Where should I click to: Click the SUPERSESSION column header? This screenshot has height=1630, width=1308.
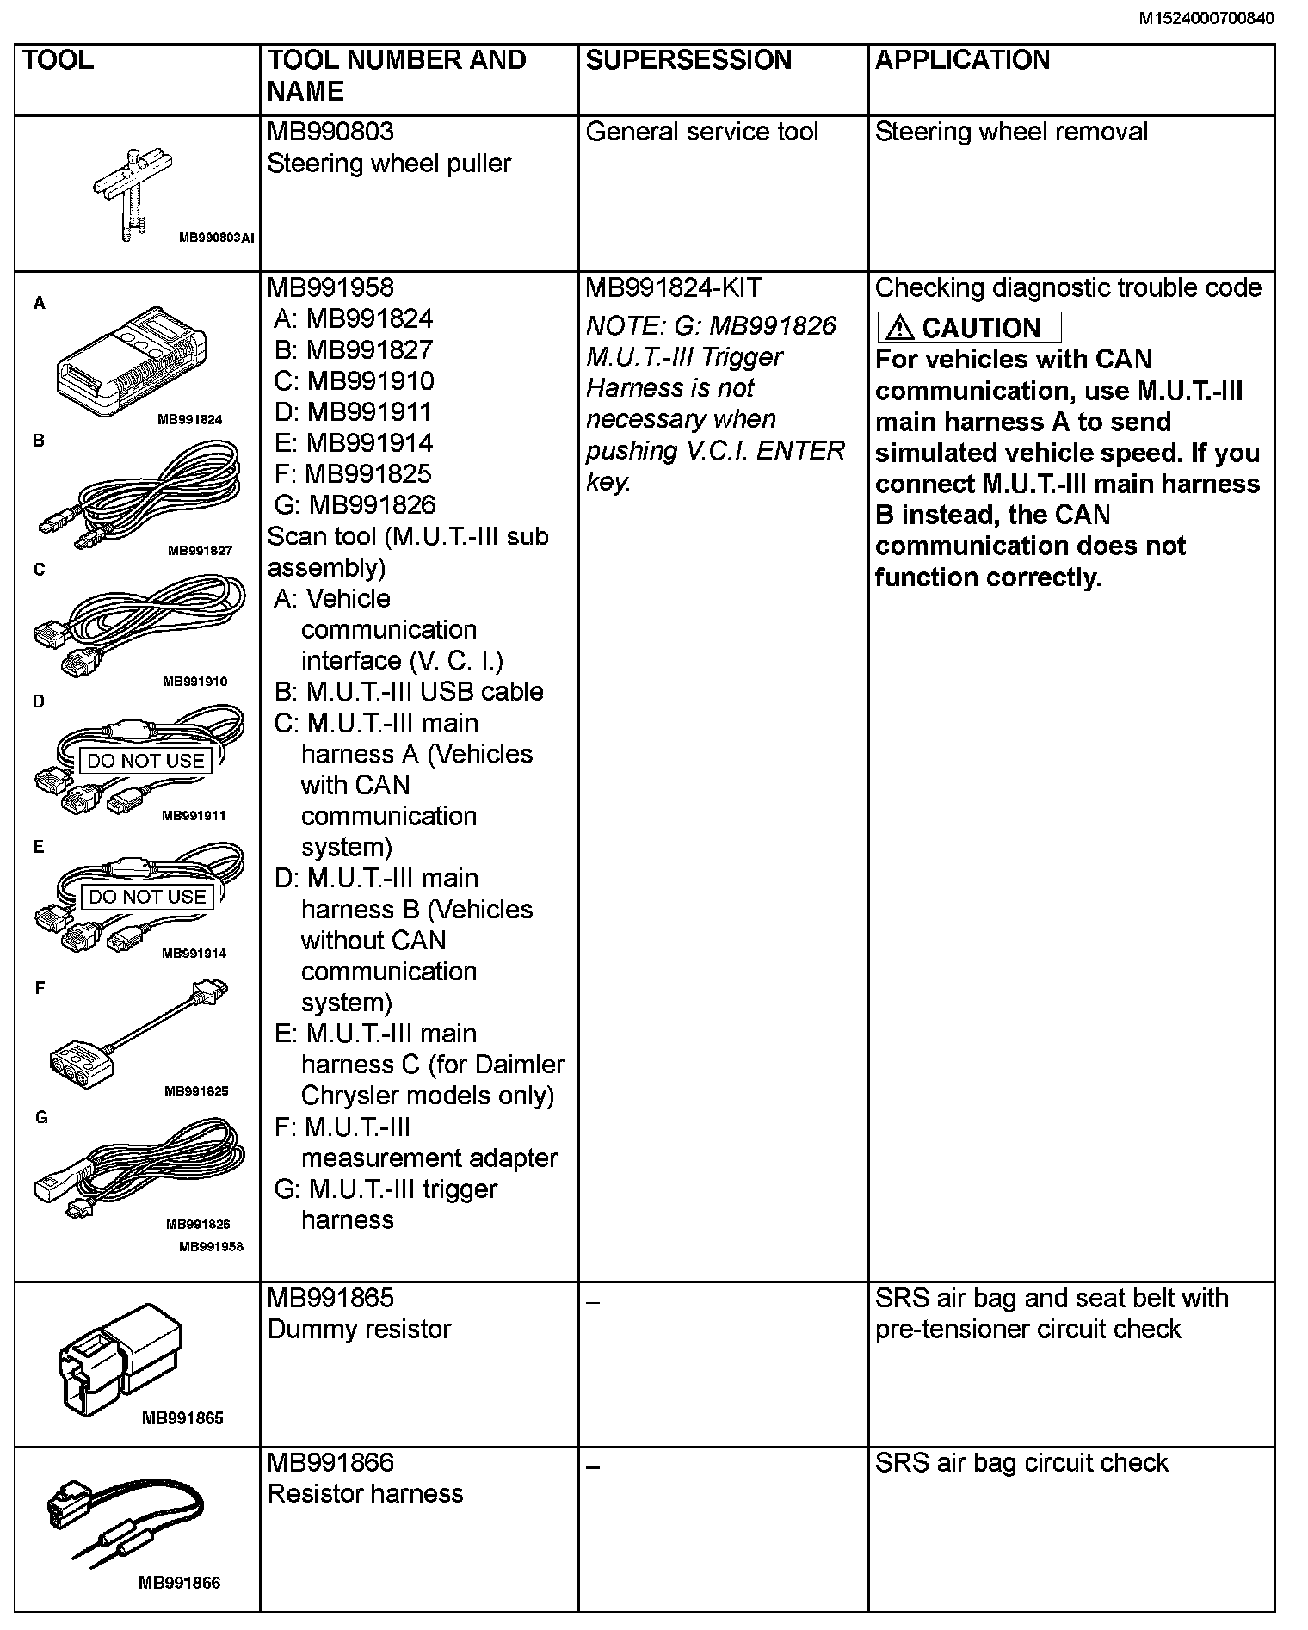688,60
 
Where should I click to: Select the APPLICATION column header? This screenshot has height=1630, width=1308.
962,60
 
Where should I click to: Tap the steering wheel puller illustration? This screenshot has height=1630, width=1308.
133,194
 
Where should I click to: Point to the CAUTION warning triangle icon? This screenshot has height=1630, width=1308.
900,328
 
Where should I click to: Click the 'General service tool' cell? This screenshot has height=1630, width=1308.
701,132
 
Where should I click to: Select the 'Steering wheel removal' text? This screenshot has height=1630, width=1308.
1011,132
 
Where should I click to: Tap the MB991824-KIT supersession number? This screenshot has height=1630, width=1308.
673,287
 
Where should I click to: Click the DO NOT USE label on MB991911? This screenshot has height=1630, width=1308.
145,761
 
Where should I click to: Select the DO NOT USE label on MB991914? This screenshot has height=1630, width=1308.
147,897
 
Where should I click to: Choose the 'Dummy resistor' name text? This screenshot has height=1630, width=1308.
359,1330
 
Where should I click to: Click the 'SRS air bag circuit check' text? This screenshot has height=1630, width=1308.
1021,1463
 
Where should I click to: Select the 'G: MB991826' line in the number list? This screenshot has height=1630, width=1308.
355,505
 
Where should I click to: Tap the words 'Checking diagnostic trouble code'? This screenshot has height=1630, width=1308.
1068,287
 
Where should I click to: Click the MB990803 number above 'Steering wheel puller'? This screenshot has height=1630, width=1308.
330,132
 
